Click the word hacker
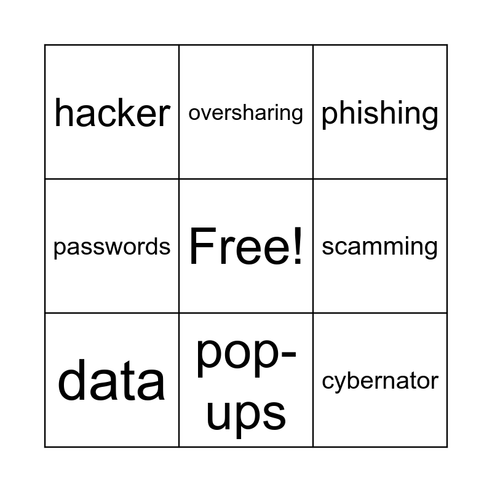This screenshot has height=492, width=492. tap(112, 113)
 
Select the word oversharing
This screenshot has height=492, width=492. tap(245, 113)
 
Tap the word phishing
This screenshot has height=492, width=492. tap(379, 113)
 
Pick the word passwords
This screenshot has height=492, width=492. tap(112, 247)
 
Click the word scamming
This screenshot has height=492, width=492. tap(379, 247)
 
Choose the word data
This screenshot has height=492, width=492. tap(112, 380)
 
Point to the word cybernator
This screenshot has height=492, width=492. tap(380, 381)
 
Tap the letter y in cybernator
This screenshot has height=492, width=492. tap(340, 384)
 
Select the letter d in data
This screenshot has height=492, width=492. tap(71, 380)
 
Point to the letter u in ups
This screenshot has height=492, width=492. tap(217, 413)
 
